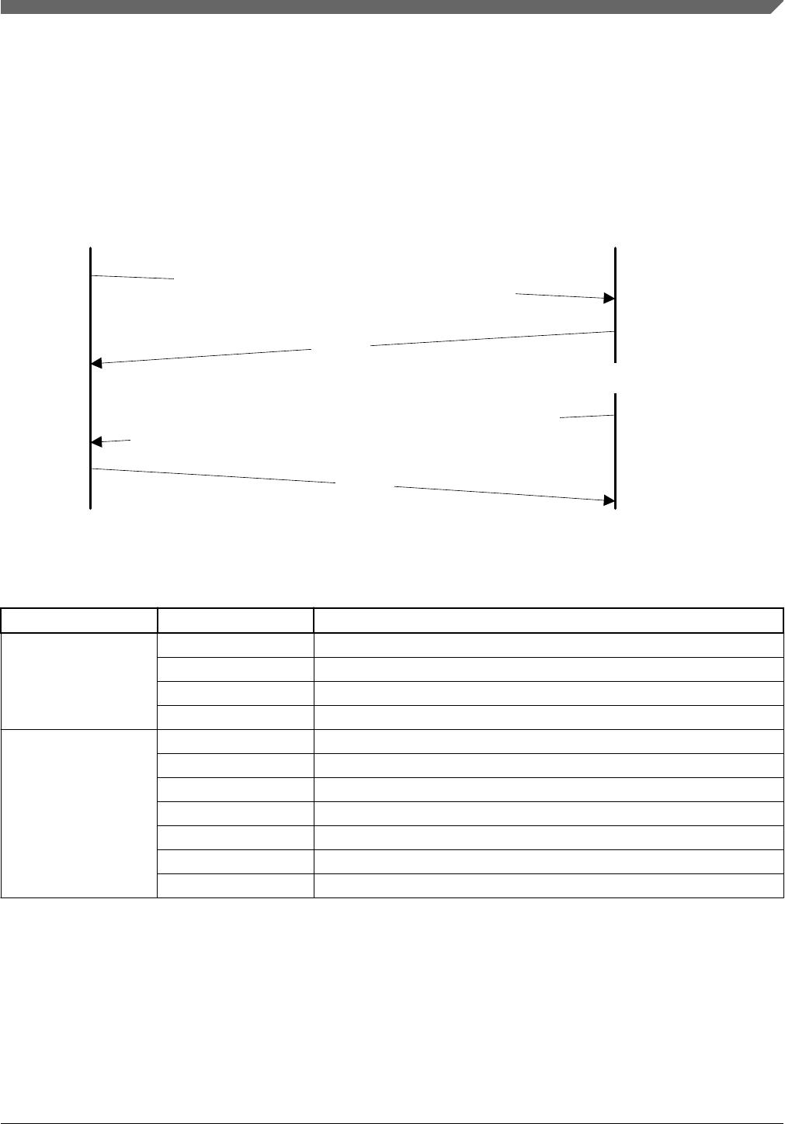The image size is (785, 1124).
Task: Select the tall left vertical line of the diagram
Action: pos(91,388)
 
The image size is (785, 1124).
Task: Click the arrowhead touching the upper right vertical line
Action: pos(609,298)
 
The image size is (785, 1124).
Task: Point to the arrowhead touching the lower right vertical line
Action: pos(609,501)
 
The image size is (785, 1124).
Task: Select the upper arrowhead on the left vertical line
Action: pos(97,362)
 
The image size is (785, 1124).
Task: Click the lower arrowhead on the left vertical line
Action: pos(97,442)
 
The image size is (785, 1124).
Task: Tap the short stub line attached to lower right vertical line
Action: pos(587,417)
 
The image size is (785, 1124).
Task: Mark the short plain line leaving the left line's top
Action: pos(132,276)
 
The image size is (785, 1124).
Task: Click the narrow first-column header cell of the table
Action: pos(78,621)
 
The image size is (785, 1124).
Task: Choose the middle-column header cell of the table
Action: pos(235,621)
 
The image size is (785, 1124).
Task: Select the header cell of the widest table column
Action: pos(548,621)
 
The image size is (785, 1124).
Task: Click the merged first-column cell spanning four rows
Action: pos(78,681)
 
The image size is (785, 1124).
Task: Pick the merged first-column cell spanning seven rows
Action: pos(78,813)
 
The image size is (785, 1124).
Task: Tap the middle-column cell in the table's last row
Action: pos(235,886)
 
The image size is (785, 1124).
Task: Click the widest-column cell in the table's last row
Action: pos(548,886)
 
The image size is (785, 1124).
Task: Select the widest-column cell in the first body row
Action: pos(548,645)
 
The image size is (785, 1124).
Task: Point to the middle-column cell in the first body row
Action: pos(235,645)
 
